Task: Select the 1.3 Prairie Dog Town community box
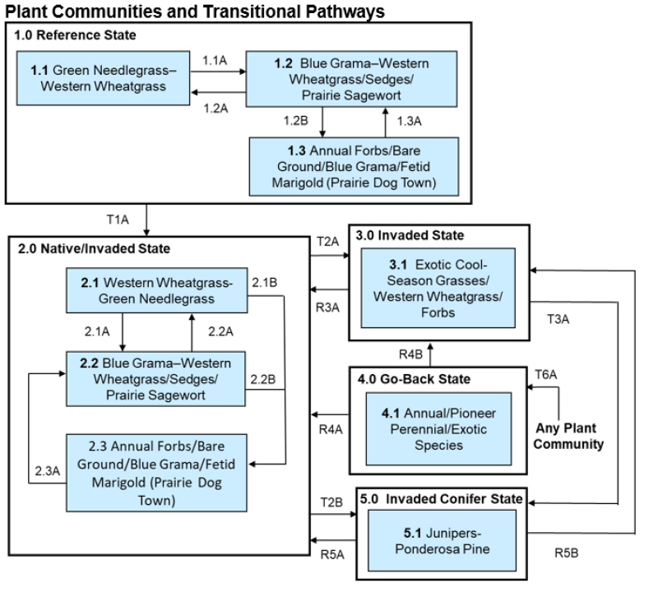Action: pos(354,165)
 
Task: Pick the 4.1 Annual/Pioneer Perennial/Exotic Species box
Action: pos(440,429)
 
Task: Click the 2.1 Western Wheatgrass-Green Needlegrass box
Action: pos(156,290)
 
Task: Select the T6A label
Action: pos(546,374)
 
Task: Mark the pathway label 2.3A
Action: pos(48,472)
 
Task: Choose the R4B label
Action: pos(410,354)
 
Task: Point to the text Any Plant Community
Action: pos(566,437)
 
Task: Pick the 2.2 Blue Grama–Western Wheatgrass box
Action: pos(156,378)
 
